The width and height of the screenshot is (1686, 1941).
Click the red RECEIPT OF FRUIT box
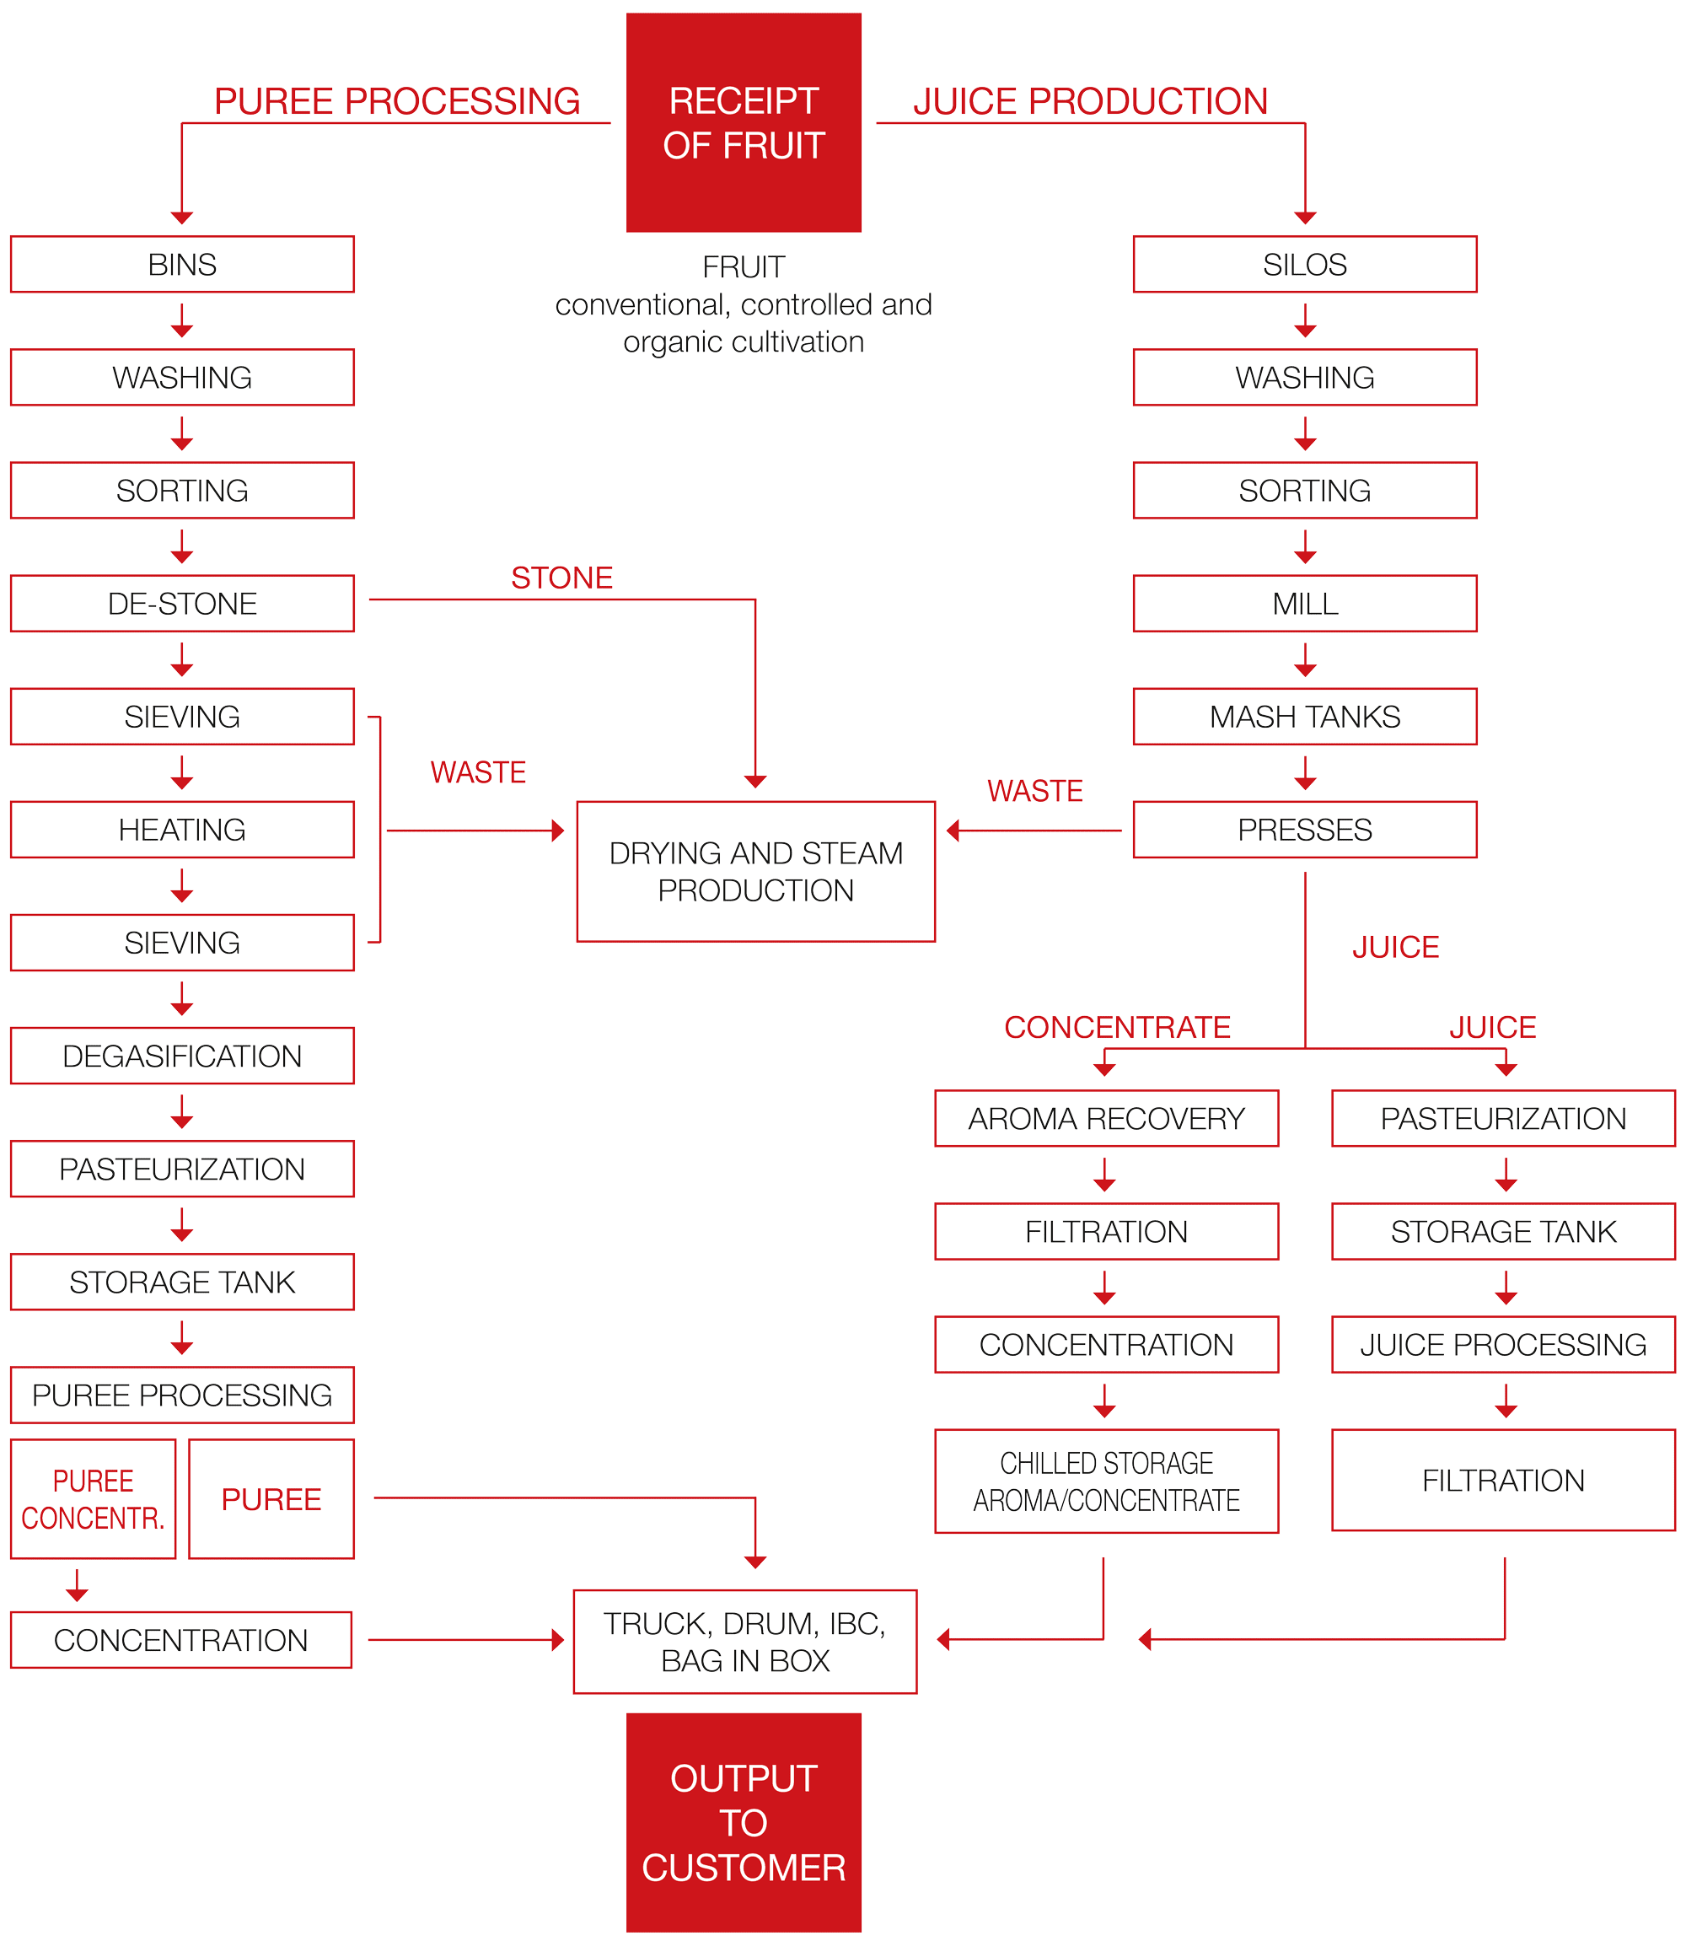[x=744, y=122]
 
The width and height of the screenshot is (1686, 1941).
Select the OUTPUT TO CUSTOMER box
[x=744, y=1821]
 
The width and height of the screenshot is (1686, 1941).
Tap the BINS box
[x=181, y=265]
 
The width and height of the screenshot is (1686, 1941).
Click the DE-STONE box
[x=181, y=604]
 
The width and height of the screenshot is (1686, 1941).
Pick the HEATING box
[x=181, y=830]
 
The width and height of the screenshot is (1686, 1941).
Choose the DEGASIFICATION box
[x=181, y=1057]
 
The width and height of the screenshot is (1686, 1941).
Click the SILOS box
[x=1304, y=265]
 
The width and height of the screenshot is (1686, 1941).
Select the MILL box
[x=1304, y=604]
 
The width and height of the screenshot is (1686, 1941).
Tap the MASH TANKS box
[x=1304, y=717]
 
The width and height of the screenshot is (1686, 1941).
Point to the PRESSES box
[x=1304, y=830]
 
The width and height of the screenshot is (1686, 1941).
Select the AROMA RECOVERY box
[x=1106, y=1119]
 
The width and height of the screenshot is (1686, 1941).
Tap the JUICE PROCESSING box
[x=1502, y=1346]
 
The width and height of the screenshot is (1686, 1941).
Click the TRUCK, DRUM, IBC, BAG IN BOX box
[x=744, y=1642]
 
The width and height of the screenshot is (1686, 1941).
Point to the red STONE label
[x=561, y=578]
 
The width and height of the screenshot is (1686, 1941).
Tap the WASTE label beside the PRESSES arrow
[x=1034, y=791]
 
